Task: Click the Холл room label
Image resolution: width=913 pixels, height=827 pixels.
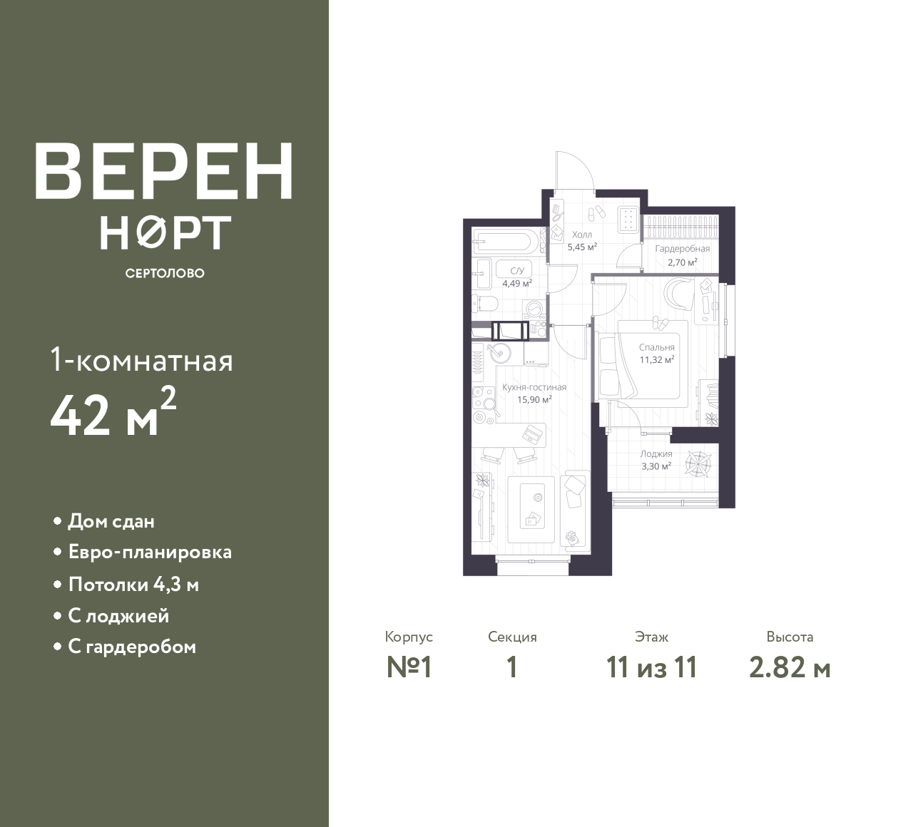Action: [x=581, y=235]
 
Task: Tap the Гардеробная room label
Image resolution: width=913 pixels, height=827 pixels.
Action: [x=682, y=249]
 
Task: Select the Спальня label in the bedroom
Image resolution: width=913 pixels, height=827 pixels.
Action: [x=656, y=347]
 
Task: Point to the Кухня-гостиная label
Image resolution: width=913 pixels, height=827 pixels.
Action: [x=534, y=387]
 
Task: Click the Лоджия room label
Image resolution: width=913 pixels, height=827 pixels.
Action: [x=656, y=453]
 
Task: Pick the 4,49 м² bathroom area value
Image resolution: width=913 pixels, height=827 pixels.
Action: [x=517, y=284]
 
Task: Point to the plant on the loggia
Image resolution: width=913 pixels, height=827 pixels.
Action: [x=698, y=464]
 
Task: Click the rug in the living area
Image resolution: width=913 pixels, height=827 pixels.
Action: [x=531, y=510]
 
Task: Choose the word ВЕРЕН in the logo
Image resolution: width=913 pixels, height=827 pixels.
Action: [x=164, y=170]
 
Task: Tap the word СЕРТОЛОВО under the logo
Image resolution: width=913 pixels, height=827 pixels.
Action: [x=165, y=273]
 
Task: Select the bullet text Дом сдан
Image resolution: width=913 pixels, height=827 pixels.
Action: [x=111, y=521]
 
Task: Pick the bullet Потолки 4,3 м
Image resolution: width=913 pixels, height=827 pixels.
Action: [x=133, y=585]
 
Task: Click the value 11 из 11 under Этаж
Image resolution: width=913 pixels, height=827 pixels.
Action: [x=651, y=668]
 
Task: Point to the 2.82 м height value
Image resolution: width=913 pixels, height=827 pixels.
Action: [x=790, y=668]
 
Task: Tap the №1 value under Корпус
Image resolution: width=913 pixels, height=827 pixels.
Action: [x=409, y=668]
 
